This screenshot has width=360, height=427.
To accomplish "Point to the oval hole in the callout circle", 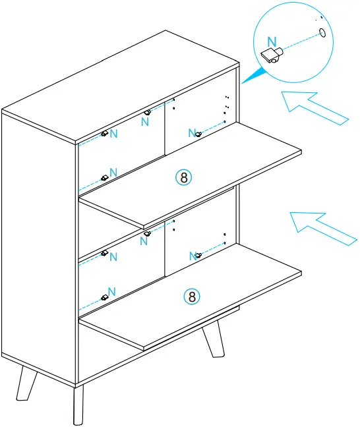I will point(322,32).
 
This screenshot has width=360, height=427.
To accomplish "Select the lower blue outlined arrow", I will point(322,228).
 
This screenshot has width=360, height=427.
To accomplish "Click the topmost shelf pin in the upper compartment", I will point(147,113).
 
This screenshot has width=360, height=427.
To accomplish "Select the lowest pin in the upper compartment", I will point(104,177).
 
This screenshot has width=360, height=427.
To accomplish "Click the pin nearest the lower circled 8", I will point(198,255).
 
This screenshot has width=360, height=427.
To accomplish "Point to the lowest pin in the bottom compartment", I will point(104,298).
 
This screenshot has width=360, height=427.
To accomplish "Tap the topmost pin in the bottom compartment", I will point(147,233).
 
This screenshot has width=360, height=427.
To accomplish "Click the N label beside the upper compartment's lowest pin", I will point(113,172).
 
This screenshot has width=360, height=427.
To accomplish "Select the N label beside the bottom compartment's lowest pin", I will point(112,291).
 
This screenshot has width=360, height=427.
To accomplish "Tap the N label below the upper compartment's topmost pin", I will point(146,123).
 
